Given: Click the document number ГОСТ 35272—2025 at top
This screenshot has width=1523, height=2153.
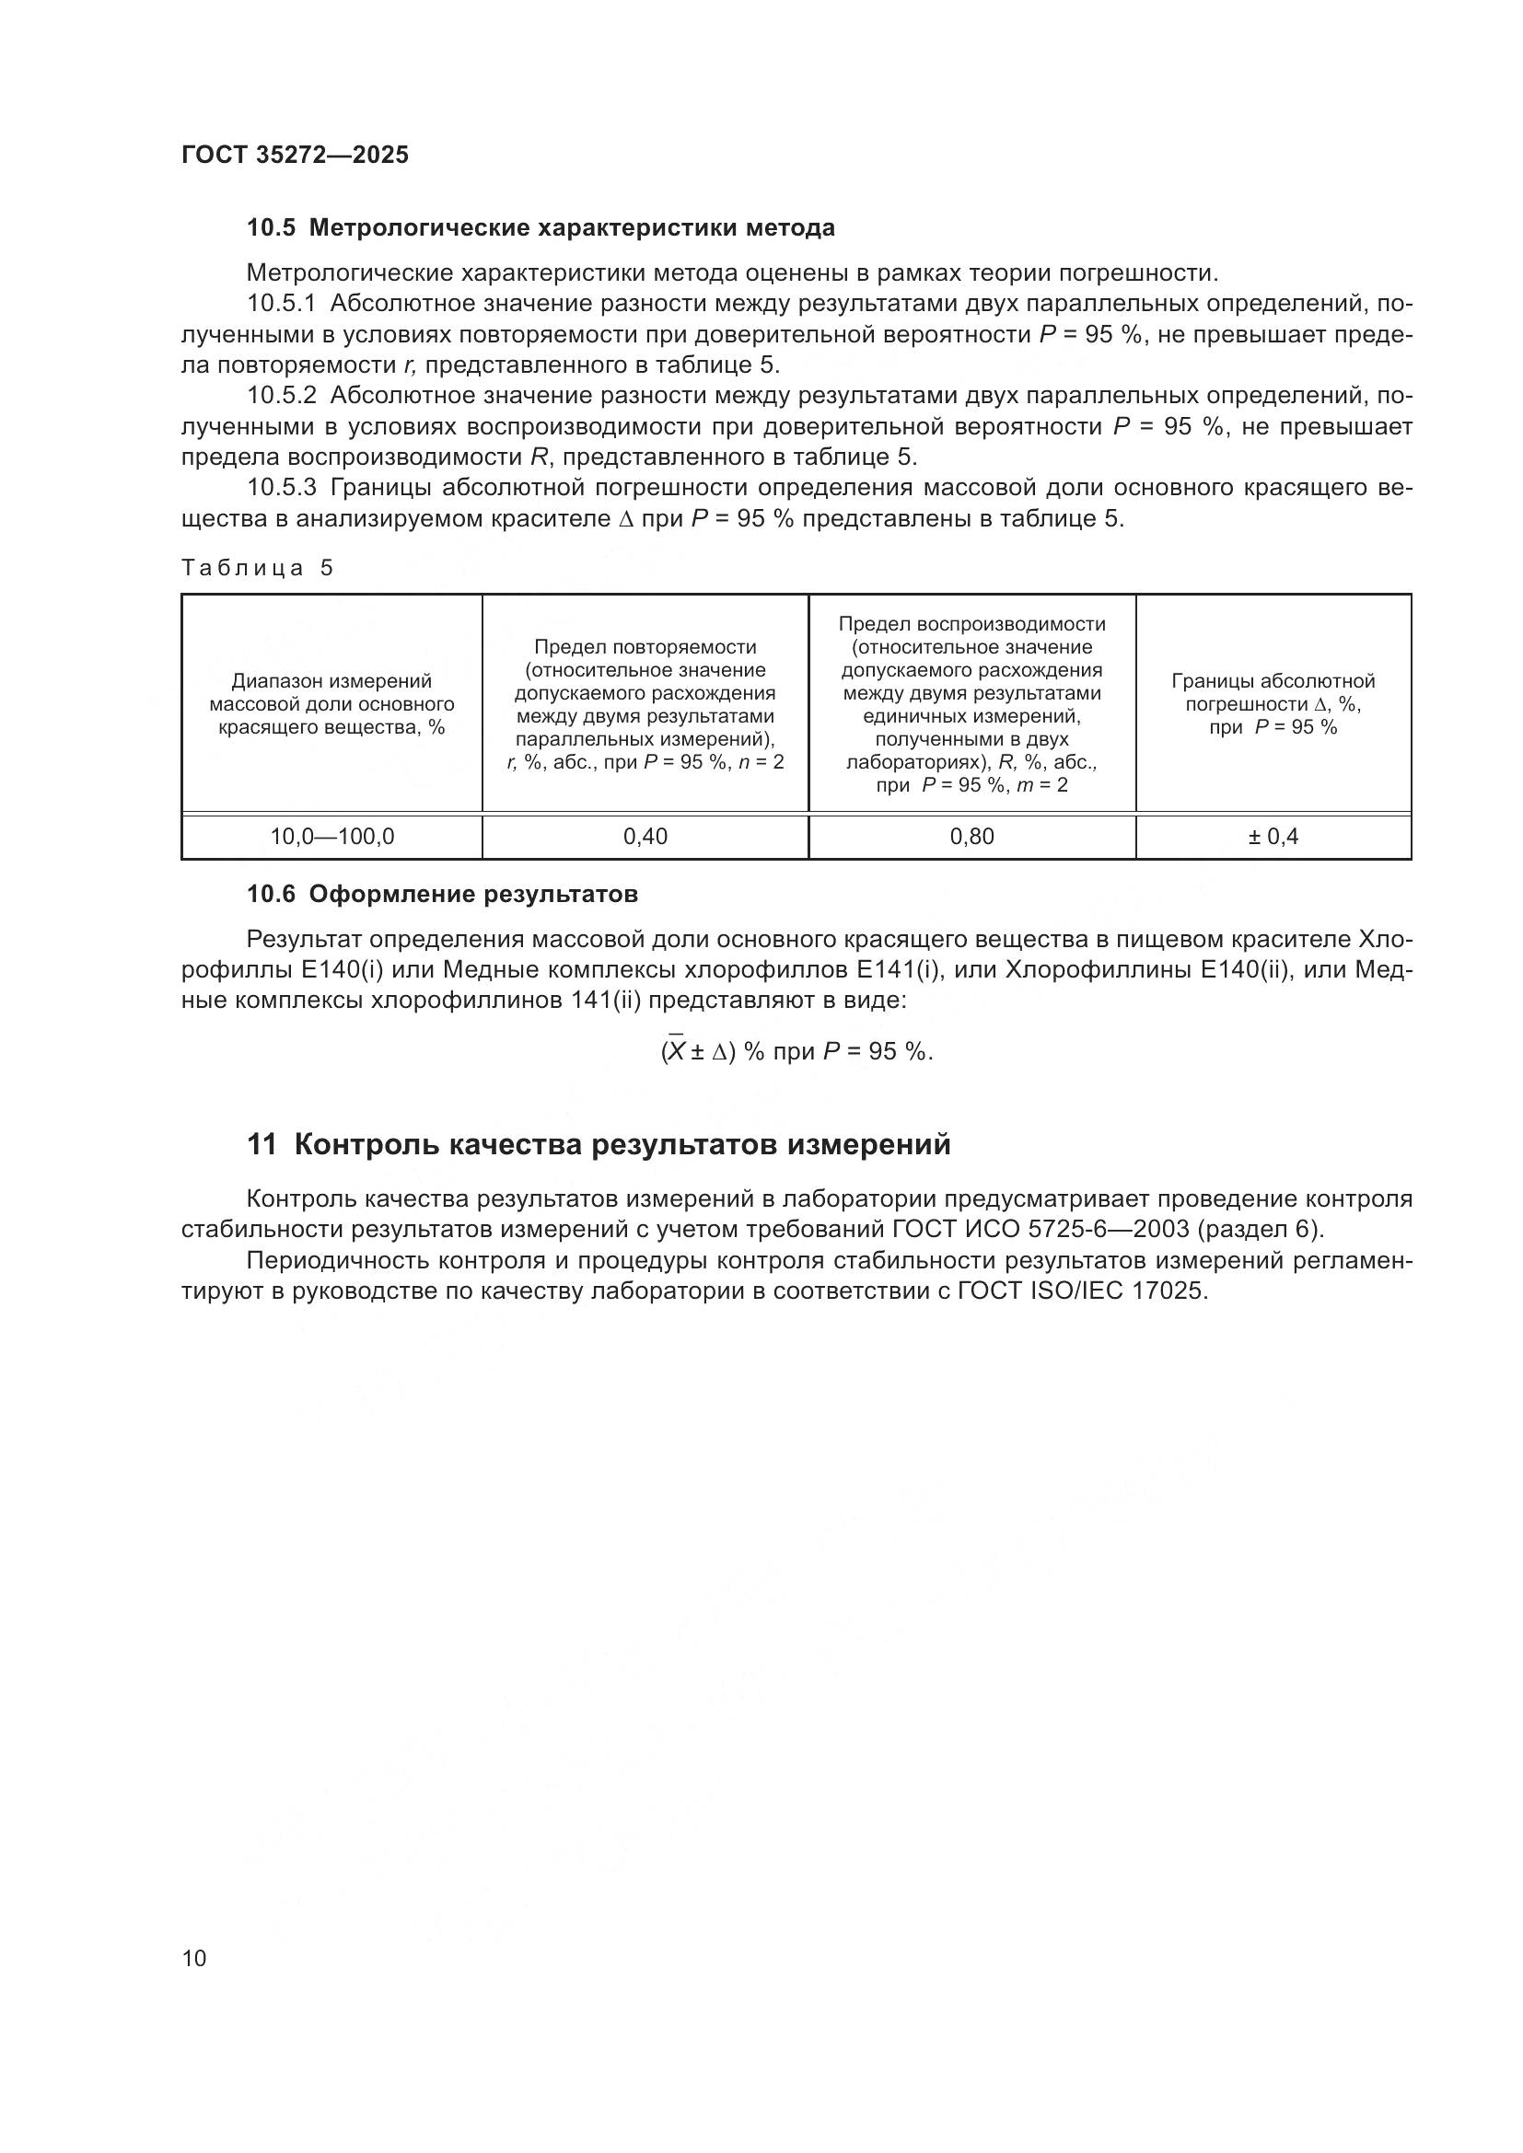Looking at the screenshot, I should tap(295, 155).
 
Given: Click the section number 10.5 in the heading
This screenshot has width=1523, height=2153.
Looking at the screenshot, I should tap(271, 228).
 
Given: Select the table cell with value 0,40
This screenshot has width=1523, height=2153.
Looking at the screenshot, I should tap(645, 837).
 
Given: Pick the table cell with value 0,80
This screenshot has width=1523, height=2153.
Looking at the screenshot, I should tap(971, 837).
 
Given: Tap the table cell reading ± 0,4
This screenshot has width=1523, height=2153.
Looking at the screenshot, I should tap(1273, 837).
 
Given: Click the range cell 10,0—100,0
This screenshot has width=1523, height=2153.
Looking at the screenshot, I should tap(332, 837).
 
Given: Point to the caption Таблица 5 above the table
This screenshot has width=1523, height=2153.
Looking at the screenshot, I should tap(257, 567).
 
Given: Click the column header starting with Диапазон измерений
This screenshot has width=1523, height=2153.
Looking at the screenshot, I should tap(332, 704).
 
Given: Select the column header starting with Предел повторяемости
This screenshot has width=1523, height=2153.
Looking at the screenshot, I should tap(645, 704).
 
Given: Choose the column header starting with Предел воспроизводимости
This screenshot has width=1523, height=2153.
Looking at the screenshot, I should tap(971, 704).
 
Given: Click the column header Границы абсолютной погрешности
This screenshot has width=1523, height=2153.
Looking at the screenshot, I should tap(1273, 704).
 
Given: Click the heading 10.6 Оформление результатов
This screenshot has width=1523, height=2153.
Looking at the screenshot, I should tap(442, 894).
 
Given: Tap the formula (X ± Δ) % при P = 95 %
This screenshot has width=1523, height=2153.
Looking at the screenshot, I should tap(796, 1051).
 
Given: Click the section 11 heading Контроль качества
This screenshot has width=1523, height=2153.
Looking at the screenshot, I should tap(599, 1144).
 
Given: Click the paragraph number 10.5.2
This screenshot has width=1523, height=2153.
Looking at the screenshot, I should tap(284, 396).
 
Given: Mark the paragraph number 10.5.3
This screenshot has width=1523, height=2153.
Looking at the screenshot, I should tap(284, 488).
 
